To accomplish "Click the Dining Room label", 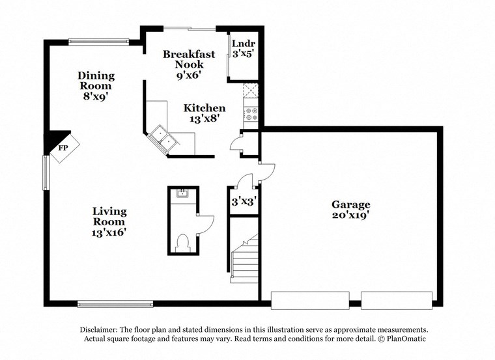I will (x=96, y=80).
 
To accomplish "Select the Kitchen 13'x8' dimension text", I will (x=205, y=118).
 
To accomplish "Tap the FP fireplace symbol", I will (x=63, y=148).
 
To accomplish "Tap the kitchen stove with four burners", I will (x=251, y=115).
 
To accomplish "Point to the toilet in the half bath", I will (x=183, y=242).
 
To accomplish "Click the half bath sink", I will (x=182, y=193).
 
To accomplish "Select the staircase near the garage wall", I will (x=246, y=260).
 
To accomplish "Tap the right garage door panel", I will (x=397, y=300).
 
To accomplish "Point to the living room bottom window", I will (x=115, y=303).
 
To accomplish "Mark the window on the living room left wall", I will (x=46, y=171).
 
